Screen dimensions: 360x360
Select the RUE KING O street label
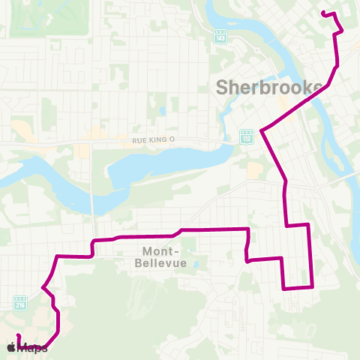(x=153, y=140)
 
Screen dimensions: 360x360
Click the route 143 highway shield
(x=220, y=37)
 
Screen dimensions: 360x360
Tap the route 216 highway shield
(x=20, y=304)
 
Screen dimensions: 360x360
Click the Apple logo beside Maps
(x=11, y=347)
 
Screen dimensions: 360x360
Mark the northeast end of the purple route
(x=322, y=13)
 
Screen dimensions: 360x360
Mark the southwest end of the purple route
(x=18, y=336)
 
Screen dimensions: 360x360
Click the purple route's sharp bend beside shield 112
(x=260, y=131)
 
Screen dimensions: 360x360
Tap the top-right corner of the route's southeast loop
(x=308, y=224)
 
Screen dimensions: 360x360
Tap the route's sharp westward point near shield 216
(x=43, y=287)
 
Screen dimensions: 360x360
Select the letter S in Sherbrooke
(x=223, y=87)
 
